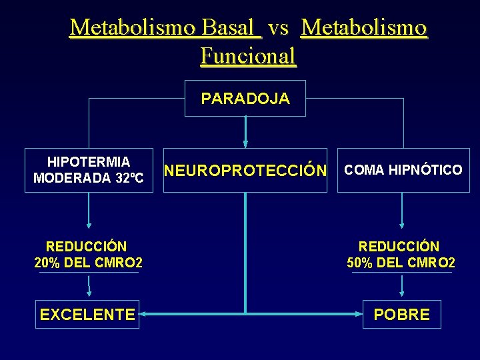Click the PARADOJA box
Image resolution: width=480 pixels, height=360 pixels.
pos(245,99)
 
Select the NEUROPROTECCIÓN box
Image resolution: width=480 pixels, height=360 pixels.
pos(245,171)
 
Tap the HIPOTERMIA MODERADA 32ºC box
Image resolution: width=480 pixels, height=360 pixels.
pos(89,171)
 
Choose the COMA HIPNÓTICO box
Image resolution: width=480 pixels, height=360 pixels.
pos(403,171)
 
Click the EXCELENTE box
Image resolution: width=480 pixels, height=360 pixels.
pos(87,315)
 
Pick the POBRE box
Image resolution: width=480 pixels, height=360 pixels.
pos(401,315)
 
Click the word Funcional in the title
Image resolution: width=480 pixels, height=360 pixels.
pos(248,56)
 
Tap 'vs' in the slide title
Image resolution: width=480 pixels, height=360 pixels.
pos(279,27)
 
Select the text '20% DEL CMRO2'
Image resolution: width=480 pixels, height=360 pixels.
pos(89,263)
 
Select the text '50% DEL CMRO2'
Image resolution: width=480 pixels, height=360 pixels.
pos(401,263)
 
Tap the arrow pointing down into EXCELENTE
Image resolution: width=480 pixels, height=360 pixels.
pos(89,287)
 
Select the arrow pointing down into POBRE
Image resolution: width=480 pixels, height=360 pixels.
pos(401,287)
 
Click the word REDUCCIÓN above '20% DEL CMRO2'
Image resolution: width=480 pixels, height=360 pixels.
pos(87,247)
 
